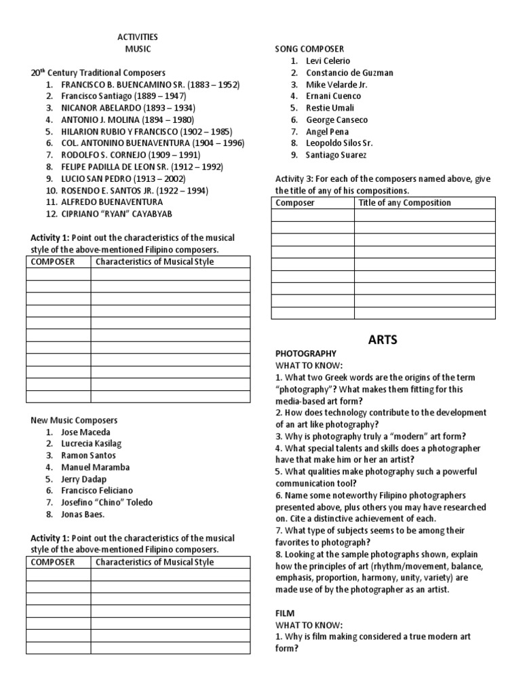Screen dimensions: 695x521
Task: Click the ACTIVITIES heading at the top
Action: (138, 37)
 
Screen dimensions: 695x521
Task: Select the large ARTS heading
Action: (384, 339)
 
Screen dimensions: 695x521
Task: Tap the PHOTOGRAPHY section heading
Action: (305, 354)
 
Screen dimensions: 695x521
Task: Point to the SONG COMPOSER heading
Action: (309, 49)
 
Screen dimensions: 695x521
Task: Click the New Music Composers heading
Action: (74, 420)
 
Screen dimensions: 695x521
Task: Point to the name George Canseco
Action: (337, 119)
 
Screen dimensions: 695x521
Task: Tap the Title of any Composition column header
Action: (404, 202)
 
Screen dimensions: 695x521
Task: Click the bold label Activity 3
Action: (294, 179)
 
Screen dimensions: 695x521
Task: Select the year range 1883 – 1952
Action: (210, 85)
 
